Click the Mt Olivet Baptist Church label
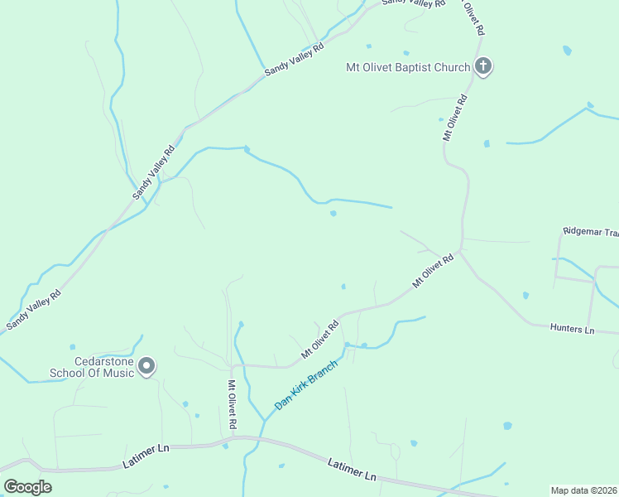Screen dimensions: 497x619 coord(408,67)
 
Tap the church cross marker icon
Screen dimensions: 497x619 coord(483,66)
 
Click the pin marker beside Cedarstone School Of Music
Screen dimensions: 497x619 coord(146,365)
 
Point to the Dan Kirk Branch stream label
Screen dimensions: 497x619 coord(306,384)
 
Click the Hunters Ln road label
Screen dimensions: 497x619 coord(572,329)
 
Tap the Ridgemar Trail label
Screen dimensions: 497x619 coord(590,231)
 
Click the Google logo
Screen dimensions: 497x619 coord(27,487)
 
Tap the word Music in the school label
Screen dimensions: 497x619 coord(117,373)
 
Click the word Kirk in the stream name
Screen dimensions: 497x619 coord(307,384)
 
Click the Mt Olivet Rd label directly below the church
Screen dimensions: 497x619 coord(454,118)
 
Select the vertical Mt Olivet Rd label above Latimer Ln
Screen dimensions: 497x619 coord(233,405)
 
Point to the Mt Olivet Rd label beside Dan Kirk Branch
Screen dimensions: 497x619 coord(320,340)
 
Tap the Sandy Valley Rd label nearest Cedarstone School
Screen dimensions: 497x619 coord(33,310)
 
